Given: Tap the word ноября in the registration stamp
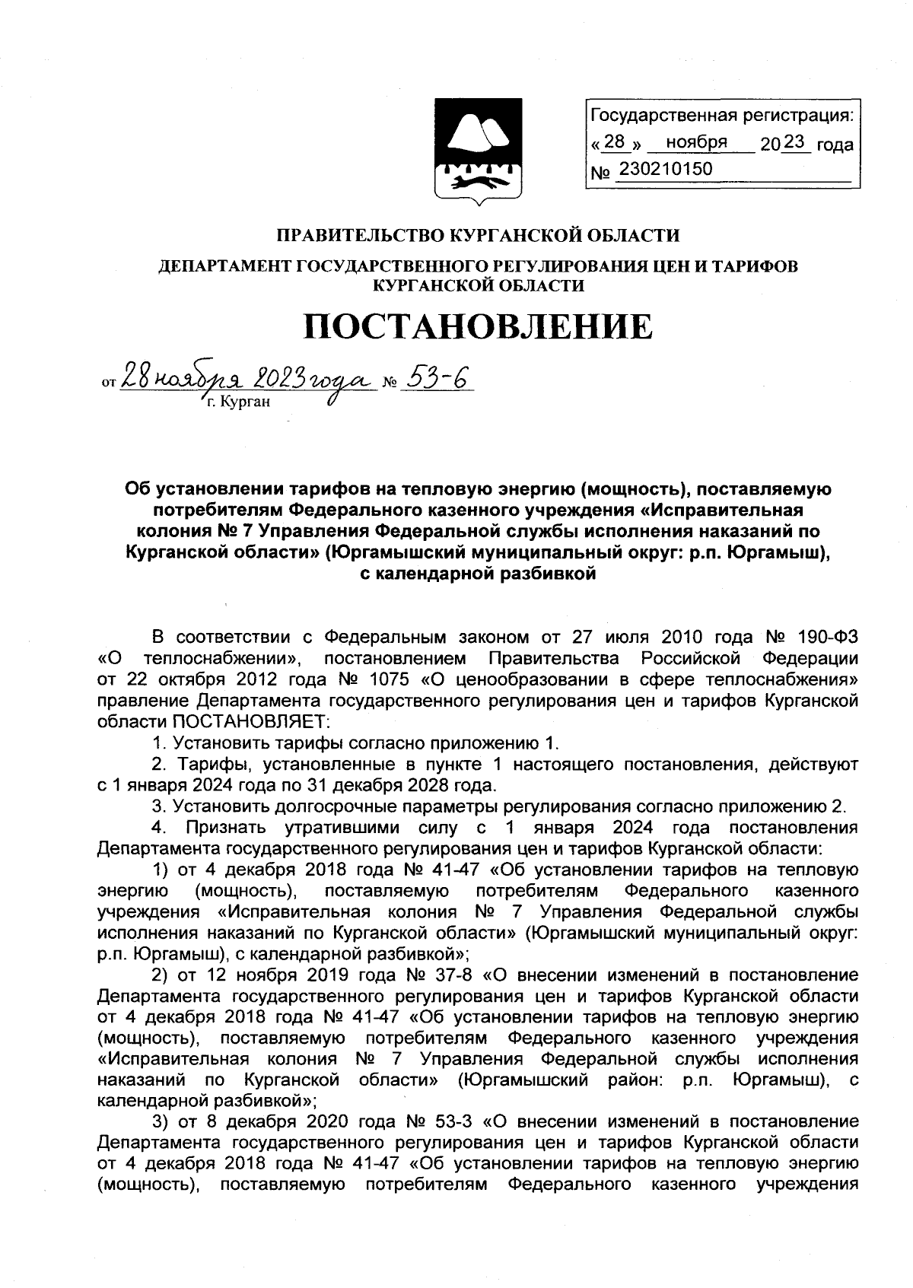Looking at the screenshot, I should point(696,142).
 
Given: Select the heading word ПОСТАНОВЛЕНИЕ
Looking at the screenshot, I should point(478,326).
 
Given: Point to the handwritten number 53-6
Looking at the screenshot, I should point(435,378).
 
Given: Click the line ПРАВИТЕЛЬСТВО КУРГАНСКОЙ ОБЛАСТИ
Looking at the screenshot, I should point(478,236).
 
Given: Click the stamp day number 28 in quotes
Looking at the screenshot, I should point(613,142).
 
